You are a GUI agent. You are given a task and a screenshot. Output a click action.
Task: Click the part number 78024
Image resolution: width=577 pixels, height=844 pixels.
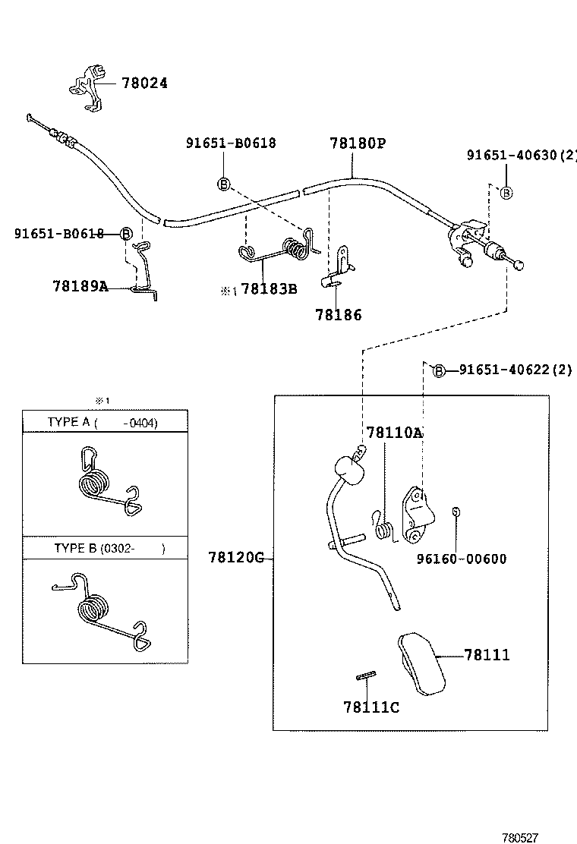[x=144, y=83]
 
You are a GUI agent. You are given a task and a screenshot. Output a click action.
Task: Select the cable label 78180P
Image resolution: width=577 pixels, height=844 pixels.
[x=358, y=143]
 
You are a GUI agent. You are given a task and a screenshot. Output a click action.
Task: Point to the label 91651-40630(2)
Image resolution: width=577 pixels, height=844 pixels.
[x=521, y=156]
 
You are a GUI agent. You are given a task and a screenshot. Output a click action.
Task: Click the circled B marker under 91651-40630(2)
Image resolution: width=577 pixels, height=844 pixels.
[x=506, y=193]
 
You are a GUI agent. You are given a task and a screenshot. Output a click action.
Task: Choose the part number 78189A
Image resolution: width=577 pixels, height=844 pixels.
[x=80, y=286]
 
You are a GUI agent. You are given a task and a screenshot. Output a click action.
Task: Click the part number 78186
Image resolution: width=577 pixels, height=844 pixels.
[x=339, y=315]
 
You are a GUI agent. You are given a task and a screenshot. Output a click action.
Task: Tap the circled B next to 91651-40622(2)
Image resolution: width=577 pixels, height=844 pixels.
[x=439, y=370]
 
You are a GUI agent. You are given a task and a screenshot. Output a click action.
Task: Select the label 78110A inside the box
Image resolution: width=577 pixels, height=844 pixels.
[x=394, y=433]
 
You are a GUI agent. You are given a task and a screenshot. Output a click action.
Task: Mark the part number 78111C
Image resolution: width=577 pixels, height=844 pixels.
[x=371, y=707]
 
